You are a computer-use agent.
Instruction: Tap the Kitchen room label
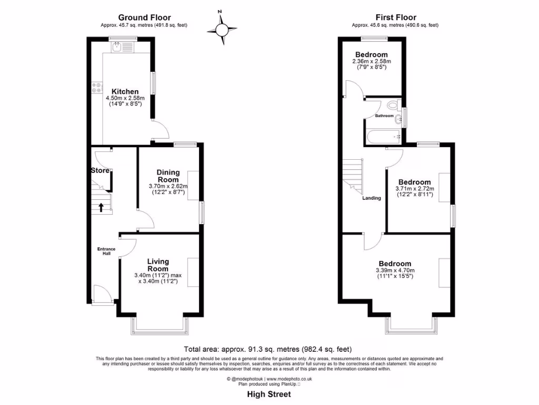122,91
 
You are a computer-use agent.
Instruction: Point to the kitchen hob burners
96,88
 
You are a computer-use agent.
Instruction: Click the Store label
100,170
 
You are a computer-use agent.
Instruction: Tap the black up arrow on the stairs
101,207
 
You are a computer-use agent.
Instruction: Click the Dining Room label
168,176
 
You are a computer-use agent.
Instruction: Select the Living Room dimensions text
158,278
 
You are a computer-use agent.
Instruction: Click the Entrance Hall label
106,251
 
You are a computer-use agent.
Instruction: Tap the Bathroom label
384,115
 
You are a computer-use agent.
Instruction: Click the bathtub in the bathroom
384,137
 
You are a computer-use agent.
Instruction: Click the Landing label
372,198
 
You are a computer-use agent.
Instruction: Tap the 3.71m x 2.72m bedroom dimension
414,191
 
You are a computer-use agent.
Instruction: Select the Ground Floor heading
144,17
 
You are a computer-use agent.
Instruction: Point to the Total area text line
267,349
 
